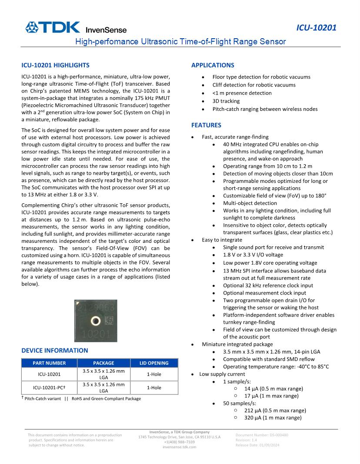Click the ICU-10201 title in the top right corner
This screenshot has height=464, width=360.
(316, 28)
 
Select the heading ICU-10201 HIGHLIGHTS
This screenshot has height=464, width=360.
(55, 65)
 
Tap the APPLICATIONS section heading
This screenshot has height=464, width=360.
(213, 65)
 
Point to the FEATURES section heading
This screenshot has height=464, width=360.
(206, 125)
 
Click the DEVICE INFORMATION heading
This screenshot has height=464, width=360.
(54, 350)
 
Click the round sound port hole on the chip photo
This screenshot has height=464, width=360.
(95, 321)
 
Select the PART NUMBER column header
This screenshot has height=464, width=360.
(49, 363)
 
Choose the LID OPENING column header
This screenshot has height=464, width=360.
(153, 363)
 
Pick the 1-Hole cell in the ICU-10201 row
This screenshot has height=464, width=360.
(153, 374)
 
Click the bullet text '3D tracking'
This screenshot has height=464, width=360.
(226, 101)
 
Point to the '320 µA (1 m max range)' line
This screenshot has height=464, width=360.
(273, 418)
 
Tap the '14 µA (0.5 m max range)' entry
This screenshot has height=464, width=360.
(273, 388)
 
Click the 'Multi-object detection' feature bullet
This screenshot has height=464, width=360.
(250, 202)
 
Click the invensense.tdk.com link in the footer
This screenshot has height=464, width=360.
(180, 447)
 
